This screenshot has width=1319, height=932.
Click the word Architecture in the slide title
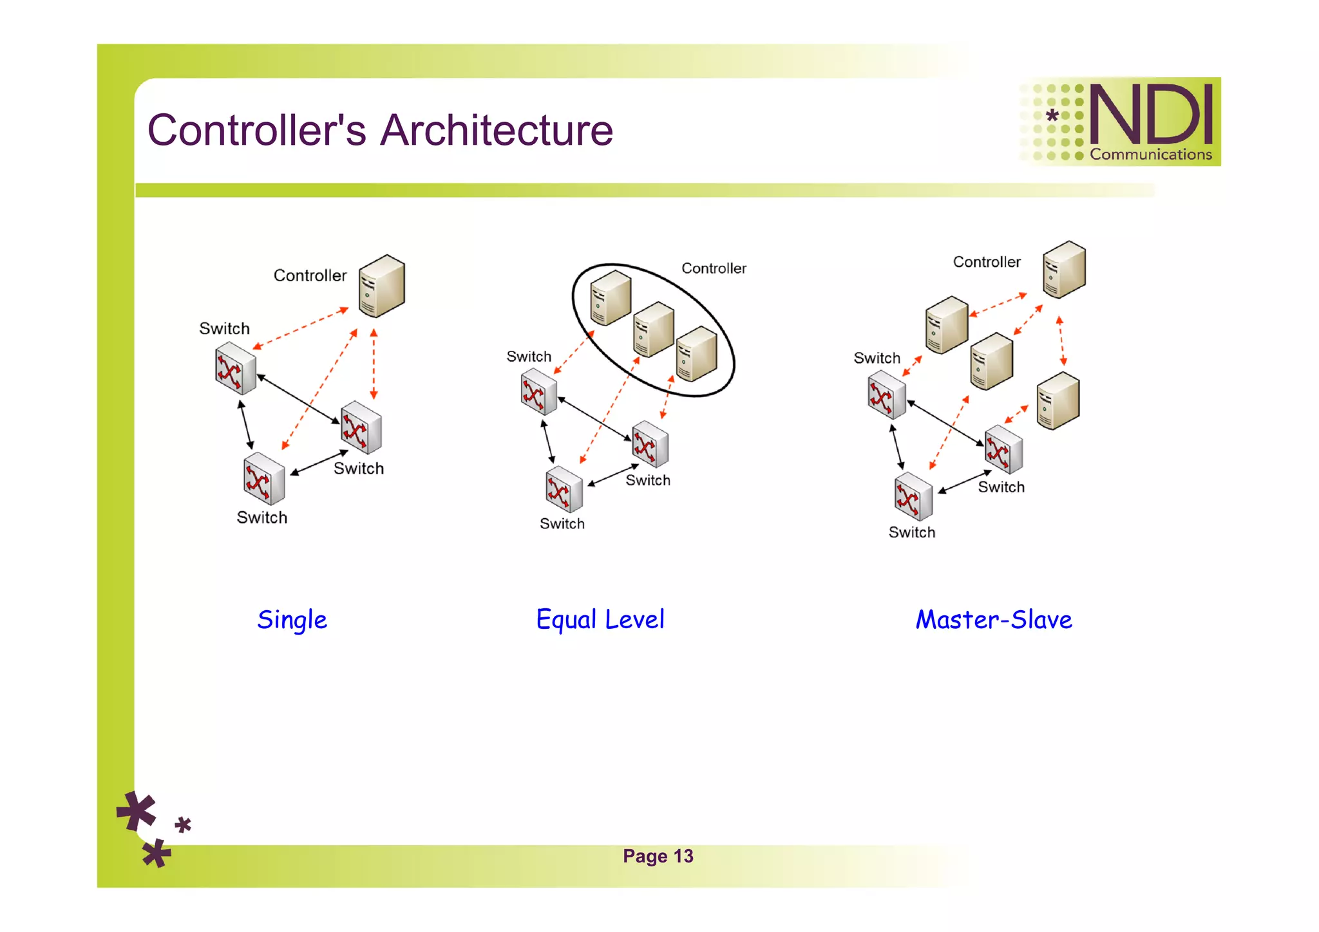click(497, 131)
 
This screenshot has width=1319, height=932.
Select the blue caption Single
click(292, 620)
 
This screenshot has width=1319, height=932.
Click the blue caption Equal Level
click(600, 620)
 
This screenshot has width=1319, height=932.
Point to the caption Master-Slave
click(993, 620)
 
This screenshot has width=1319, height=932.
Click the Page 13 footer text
click(658, 856)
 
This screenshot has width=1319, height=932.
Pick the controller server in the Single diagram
click(382, 286)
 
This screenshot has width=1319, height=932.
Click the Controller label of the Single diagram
click(310, 275)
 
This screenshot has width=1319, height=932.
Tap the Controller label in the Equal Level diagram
click(714, 268)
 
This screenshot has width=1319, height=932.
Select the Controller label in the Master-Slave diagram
click(986, 262)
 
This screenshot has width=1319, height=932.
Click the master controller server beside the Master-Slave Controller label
click(1064, 270)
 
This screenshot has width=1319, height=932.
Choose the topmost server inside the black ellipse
click(610, 297)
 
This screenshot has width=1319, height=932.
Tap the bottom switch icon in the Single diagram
click(264, 478)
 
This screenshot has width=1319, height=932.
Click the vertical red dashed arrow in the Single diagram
click(374, 364)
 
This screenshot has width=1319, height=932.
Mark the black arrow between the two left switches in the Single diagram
click(245, 425)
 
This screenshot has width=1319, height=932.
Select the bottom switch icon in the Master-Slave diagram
click(913, 497)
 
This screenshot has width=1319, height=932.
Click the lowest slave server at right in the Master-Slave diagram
click(1058, 400)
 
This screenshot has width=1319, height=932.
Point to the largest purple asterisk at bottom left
click(137, 812)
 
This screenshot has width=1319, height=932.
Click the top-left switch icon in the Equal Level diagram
click(538, 392)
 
